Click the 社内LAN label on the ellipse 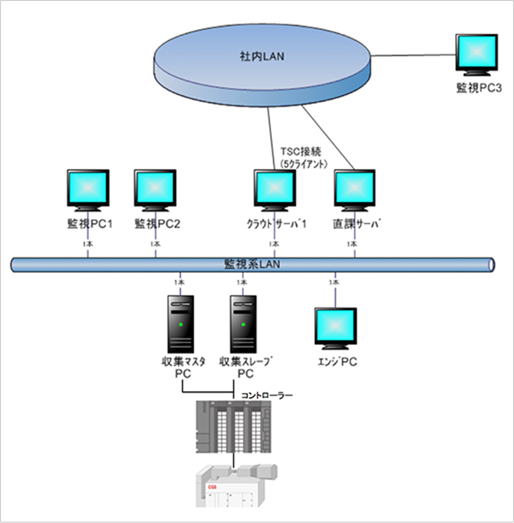point(262,56)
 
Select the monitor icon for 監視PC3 point(477,54)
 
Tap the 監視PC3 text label point(479,88)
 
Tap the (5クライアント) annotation point(303,163)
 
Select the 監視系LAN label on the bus point(252,264)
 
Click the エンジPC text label point(337,362)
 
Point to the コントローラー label point(267,395)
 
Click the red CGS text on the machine point(212,487)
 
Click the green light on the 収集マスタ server point(181,325)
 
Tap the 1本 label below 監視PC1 point(88,244)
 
